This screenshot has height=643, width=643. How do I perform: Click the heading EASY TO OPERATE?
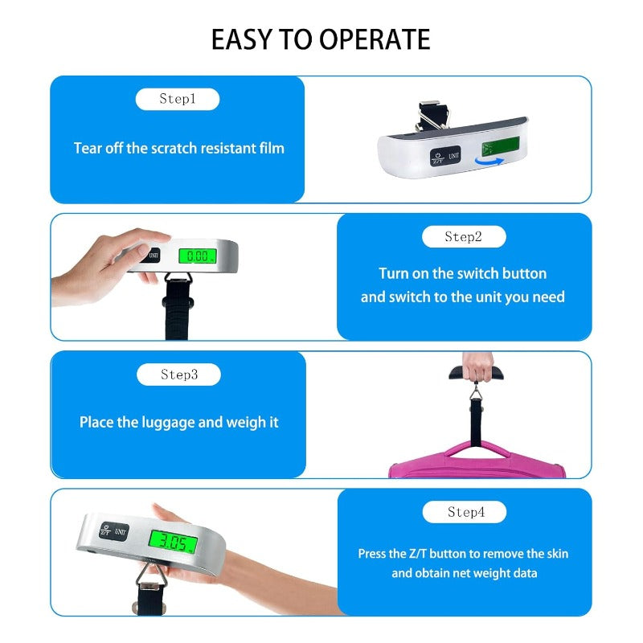(x=321, y=39)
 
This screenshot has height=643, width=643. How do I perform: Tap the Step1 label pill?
(x=178, y=100)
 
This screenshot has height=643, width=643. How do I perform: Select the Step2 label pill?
(x=464, y=236)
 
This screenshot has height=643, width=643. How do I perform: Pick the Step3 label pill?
(x=178, y=375)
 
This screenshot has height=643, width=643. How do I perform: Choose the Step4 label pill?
(x=465, y=512)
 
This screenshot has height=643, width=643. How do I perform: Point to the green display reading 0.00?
(x=197, y=256)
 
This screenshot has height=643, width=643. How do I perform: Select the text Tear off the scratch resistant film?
(x=178, y=148)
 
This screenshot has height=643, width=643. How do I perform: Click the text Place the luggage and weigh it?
(x=178, y=422)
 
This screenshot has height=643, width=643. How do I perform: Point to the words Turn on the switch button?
(x=462, y=273)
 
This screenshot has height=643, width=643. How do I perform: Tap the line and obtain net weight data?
(x=464, y=573)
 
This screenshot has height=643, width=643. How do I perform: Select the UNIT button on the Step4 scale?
(x=121, y=530)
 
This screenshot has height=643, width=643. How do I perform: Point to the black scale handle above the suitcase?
(x=480, y=374)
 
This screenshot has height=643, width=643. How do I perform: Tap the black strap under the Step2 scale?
(x=176, y=313)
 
